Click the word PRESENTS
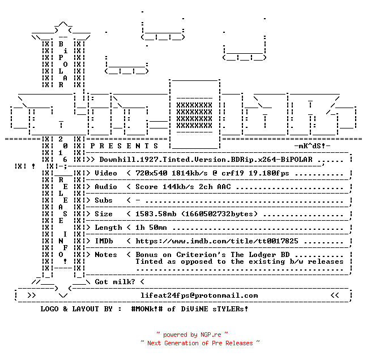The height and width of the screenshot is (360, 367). [x=124, y=146]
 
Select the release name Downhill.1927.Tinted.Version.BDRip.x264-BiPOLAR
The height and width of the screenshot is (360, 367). [x=206, y=160]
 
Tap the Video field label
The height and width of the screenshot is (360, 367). [x=106, y=173]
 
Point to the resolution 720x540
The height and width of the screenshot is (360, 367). [x=151, y=173]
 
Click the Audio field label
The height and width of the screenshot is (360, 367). [x=106, y=187]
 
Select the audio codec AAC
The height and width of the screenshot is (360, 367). [x=224, y=187]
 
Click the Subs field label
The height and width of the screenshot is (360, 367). [x=104, y=200]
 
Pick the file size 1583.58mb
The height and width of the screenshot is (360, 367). [x=156, y=214]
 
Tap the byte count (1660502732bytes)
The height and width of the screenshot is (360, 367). [x=219, y=214]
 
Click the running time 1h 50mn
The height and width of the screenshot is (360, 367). [x=151, y=228]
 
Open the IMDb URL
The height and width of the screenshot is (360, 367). [x=217, y=241]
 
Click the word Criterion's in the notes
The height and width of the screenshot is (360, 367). [x=201, y=255]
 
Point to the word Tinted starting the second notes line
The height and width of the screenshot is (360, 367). [x=149, y=262]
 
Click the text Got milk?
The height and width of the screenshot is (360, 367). [x=115, y=282]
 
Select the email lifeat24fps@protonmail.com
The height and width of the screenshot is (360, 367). [x=199, y=295]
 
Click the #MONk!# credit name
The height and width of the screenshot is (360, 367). [x=147, y=309]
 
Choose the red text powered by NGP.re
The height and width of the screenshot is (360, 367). [x=192, y=335]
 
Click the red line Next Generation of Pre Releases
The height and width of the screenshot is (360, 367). [x=200, y=343]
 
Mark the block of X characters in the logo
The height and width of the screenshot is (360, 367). [x=194, y=115]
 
